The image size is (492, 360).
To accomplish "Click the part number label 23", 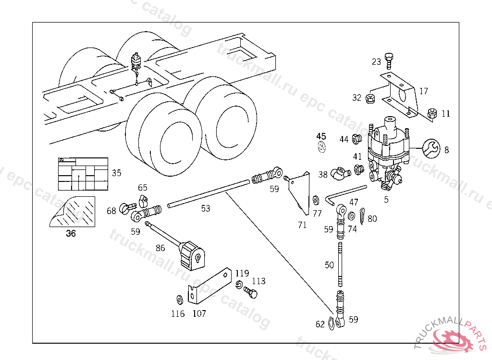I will point(376,62).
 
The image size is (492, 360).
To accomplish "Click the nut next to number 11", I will point(432,114).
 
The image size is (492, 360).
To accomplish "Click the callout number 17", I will point(423,91).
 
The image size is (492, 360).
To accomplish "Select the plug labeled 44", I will point(357,140).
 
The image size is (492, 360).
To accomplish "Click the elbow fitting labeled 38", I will point(341,173).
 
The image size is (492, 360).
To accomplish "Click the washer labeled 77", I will point(316,199).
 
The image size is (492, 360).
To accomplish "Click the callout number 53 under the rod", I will point(206,208).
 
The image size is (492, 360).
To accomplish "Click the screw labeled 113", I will point(250,291).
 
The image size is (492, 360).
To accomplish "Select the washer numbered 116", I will point(179,300).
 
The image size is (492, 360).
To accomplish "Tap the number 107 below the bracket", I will point(199,314).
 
